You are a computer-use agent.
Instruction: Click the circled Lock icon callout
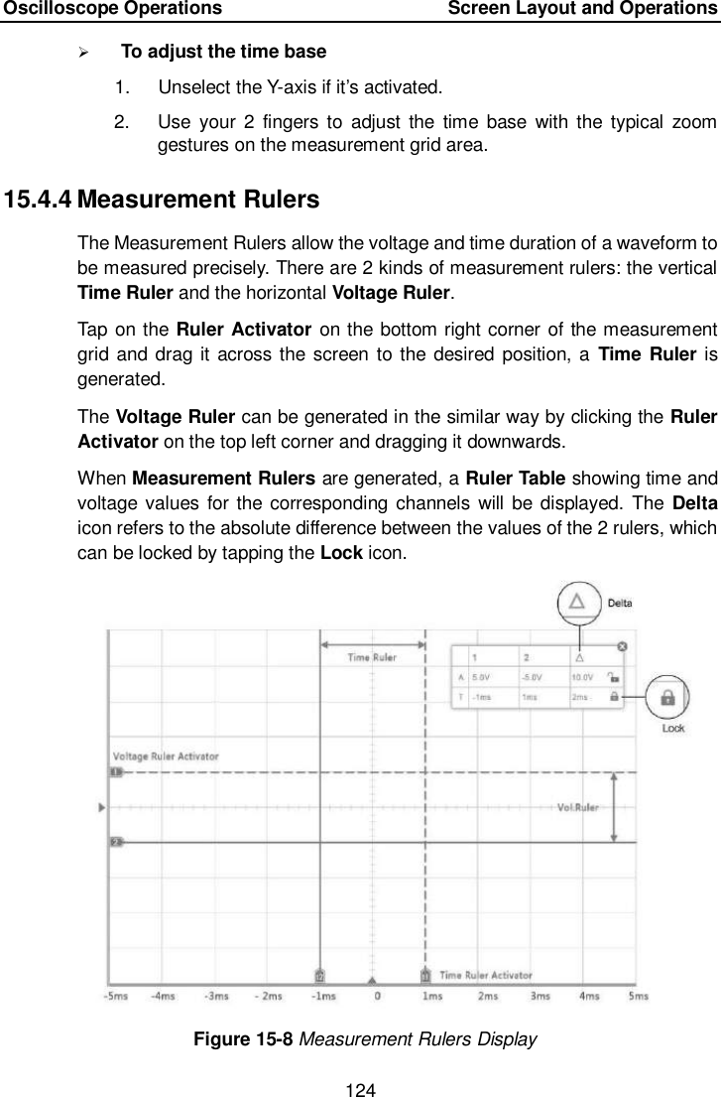(667, 698)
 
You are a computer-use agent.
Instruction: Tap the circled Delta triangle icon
(578, 602)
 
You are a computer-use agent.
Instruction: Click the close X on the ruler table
(622, 646)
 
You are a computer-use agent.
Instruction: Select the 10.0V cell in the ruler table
(582, 678)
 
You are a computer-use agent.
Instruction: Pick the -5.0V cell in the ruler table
(532, 678)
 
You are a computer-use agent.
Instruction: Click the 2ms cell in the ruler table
(580, 697)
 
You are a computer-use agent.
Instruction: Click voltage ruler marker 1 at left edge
(115, 771)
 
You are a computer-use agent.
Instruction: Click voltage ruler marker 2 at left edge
(115, 842)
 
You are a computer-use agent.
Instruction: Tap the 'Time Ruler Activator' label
(485, 976)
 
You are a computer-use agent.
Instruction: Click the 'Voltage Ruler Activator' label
(166, 756)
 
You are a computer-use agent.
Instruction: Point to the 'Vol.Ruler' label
(578, 807)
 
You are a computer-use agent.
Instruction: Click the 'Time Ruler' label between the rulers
(371, 657)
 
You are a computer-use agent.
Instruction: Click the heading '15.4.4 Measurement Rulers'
(162, 201)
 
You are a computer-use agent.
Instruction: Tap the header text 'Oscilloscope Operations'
(111, 9)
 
